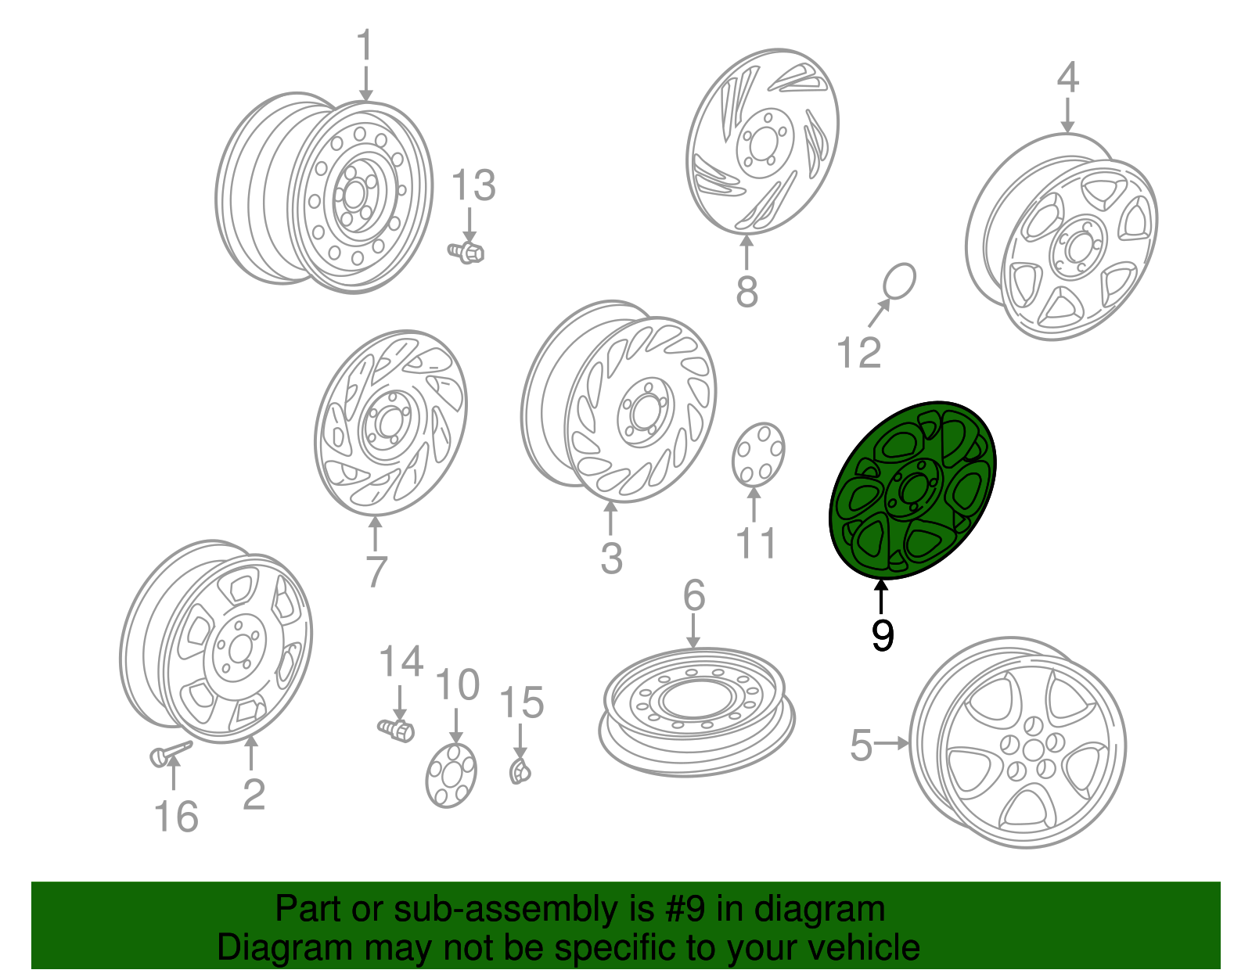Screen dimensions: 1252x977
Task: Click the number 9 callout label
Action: point(882,636)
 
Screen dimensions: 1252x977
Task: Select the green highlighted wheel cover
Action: point(912,490)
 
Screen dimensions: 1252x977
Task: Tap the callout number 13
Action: point(473,185)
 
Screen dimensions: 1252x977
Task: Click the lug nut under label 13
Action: point(466,253)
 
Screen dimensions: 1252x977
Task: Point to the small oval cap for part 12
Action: point(899,282)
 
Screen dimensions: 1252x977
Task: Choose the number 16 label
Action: point(176,817)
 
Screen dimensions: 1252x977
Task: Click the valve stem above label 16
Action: point(170,753)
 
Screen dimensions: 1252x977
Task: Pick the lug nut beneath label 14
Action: point(397,731)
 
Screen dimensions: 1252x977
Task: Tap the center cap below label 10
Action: point(452,775)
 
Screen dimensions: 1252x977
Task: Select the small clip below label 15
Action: point(520,771)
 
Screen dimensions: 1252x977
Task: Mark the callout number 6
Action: point(694,595)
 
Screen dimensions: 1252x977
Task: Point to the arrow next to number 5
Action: point(891,744)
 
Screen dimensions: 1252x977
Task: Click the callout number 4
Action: point(1067,77)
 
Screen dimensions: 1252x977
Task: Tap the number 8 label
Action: point(747,291)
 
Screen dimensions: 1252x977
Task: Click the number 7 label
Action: point(376,571)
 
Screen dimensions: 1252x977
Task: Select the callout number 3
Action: point(611,558)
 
